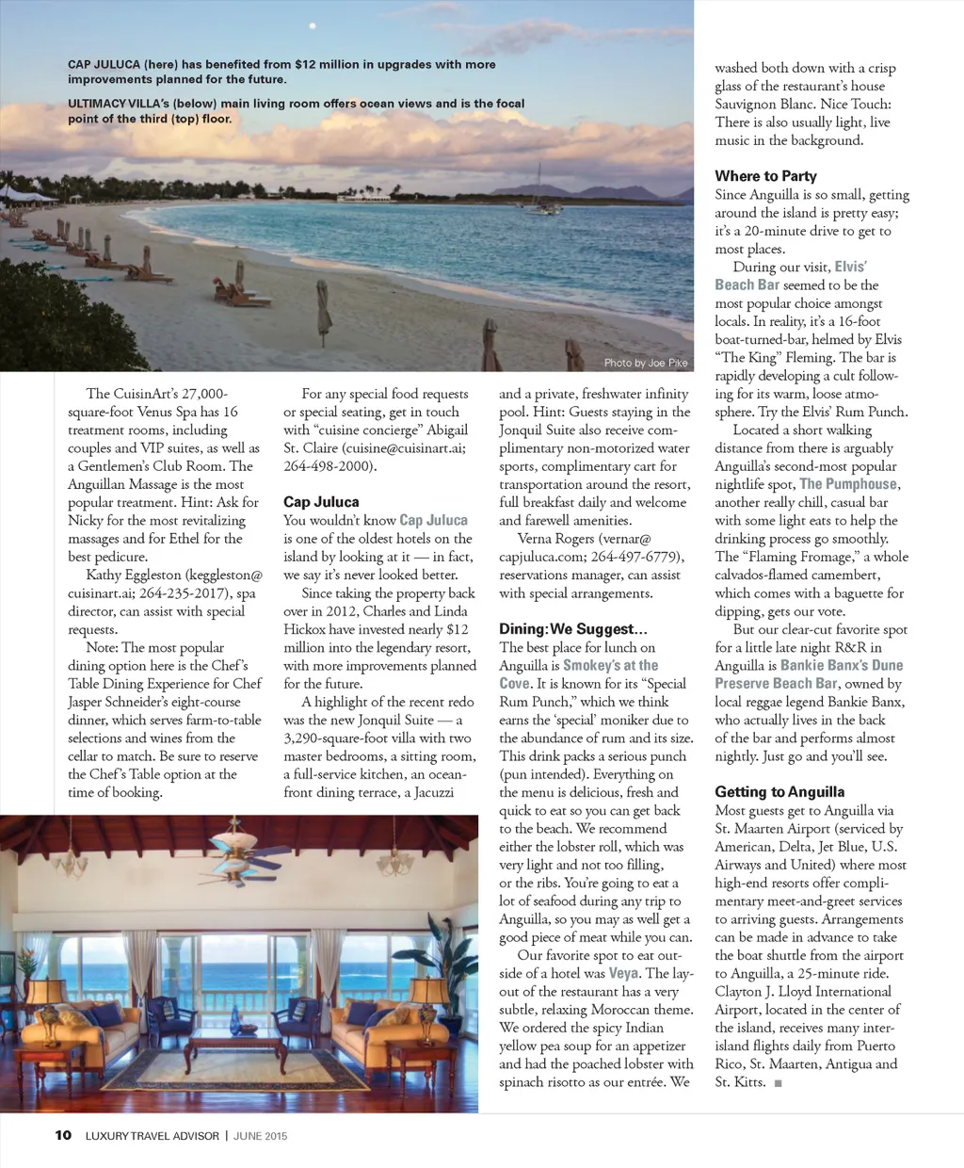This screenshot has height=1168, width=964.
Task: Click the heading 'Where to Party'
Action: pos(765,176)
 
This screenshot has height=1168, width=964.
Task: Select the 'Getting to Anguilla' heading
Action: pos(779,792)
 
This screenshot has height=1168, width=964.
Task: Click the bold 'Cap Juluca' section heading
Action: pos(321,502)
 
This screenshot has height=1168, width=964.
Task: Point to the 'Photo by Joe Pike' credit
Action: pos(646,363)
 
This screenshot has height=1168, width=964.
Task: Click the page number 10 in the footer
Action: pos(63,1135)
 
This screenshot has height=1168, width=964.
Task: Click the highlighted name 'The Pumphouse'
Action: pos(848,484)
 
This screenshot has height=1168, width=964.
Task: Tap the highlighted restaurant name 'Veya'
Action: pos(623,973)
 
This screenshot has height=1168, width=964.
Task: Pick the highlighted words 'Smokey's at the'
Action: pos(611,665)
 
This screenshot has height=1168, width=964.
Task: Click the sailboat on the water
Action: pos(540,193)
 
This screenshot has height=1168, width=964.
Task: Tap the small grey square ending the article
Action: pos(778,1083)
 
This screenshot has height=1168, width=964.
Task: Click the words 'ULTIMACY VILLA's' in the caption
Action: pos(118,104)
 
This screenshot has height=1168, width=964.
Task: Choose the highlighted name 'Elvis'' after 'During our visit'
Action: pos(850,267)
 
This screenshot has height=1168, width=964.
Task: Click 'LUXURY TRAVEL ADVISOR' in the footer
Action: pos(153,1136)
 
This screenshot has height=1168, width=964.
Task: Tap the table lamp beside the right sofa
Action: pos(430,994)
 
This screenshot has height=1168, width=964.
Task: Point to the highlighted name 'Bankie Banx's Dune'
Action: pos(842,665)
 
